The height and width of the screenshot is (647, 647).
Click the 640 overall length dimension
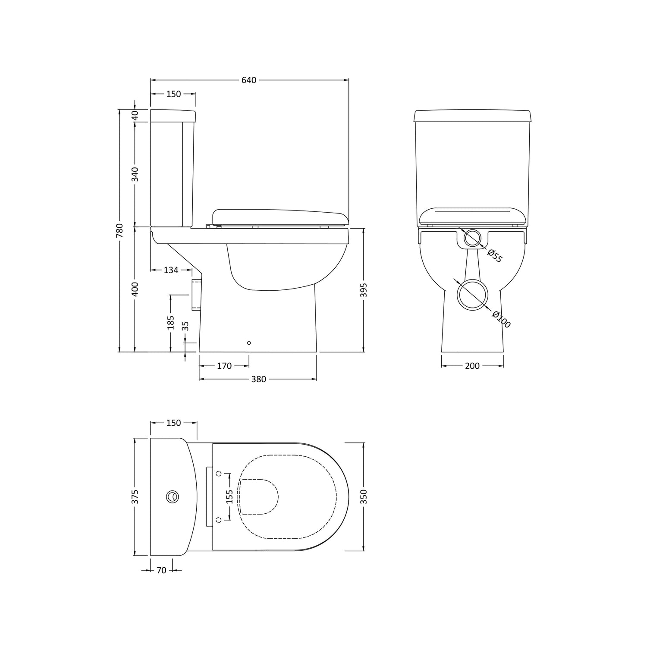pyautogui.click(x=249, y=80)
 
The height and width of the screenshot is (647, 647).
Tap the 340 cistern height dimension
pyautogui.click(x=135, y=174)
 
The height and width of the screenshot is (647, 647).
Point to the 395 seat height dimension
pyautogui.click(x=364, y=290)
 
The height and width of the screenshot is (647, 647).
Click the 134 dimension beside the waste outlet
pyautogui.click(x=171, y=270)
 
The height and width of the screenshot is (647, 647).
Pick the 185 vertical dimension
pyautogui.click(x=171, y=323)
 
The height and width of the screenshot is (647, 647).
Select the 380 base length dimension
pyautogui.click(x=259, y=379)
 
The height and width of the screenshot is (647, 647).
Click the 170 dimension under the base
pyautogui.click(x=224, y=366)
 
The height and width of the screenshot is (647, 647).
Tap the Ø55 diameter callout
pyautogui.click(x=495, y=255)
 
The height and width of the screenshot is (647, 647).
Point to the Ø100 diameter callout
pyautogui.click(x=501, y=320)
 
